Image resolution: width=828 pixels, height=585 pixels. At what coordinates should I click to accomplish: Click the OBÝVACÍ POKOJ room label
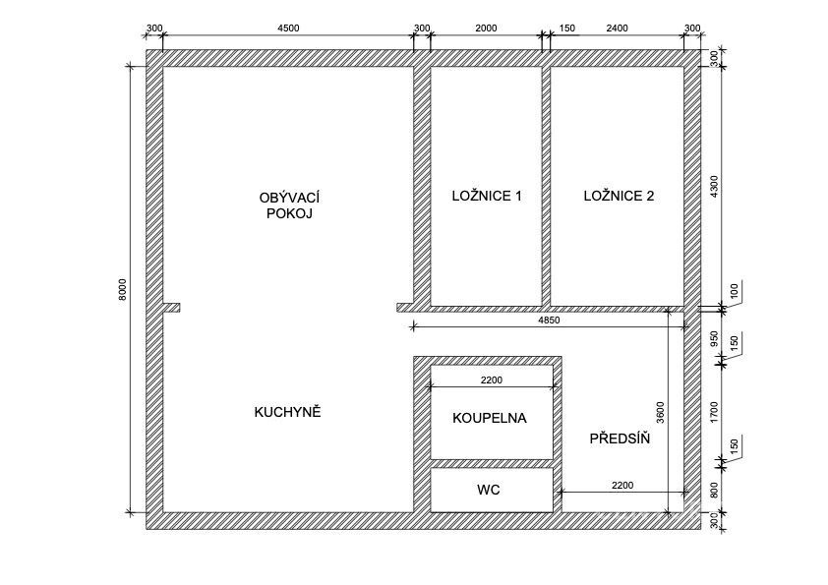pos(289,205)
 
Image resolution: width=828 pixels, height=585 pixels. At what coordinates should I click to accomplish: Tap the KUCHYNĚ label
pos(287,412)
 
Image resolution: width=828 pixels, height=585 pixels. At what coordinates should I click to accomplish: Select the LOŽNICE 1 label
pos(487,196)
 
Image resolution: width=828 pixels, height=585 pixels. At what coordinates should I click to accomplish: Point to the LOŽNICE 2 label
pos(619,196)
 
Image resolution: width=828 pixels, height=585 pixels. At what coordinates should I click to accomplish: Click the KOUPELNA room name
pos(490,418)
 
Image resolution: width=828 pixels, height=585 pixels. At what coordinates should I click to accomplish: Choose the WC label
pos(489,490)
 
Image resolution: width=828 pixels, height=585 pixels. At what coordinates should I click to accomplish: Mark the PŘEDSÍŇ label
pos(620,438)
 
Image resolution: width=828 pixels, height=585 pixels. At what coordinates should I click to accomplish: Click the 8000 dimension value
pos(123,289)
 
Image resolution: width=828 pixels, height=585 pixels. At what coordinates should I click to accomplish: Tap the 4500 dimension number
pos(288,28)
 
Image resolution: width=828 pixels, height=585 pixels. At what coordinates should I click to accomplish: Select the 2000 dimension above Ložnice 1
pos(486,28)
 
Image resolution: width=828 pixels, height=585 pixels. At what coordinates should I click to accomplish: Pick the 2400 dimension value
pos(617,28)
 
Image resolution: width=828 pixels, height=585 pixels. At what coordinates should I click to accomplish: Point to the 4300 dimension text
pos(715,187)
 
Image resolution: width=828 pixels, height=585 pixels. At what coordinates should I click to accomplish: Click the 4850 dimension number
pos(549,320)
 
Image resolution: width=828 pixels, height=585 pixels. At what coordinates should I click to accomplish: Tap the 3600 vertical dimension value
pos(661,412)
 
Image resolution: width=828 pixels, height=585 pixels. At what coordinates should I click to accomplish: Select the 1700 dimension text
pos(715,412)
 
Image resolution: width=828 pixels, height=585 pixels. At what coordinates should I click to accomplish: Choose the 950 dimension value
pos(715,338)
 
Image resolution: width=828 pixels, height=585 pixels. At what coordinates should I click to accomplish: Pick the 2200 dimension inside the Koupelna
pos(491,380)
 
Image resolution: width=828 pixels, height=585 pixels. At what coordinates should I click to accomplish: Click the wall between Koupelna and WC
pos(492,463)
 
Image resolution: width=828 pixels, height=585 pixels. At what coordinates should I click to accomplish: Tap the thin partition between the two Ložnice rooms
pos(546,186)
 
